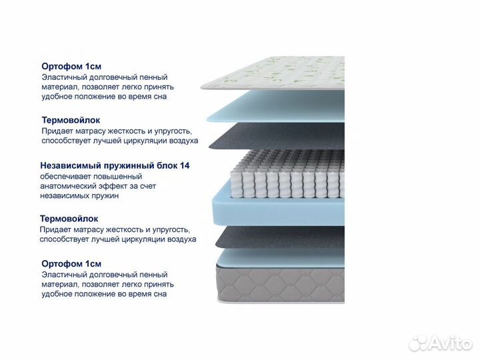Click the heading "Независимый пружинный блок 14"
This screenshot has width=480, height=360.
click(115, 165)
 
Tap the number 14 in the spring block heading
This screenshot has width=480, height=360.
click(185, 165)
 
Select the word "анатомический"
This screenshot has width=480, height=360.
click(69, 186)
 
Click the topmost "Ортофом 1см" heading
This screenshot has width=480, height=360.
click(71, 67)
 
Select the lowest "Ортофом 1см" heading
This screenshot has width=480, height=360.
click(71, 263)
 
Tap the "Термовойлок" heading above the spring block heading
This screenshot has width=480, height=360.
click(71, 120)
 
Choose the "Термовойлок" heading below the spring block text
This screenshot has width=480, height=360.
click(69, 219)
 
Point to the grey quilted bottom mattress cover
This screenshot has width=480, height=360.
click(281, 283)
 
